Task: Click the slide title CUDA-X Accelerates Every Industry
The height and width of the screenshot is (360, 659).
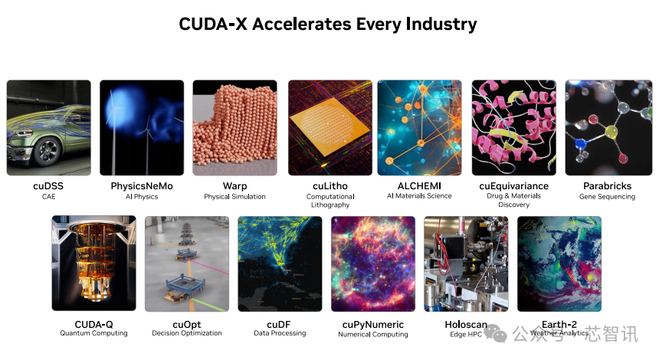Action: [x=328, y=24]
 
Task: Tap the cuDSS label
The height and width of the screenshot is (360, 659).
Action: [x=48, y=186]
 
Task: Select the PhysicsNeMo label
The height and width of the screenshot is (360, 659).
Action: [x=142, y=186]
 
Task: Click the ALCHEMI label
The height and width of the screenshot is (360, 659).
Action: [x=419, y=186]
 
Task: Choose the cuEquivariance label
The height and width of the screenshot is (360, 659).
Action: [x=513, y=186]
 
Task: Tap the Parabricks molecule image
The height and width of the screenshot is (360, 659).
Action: [x=608, y=128]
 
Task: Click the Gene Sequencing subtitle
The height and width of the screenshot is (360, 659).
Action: [x=607, y=197]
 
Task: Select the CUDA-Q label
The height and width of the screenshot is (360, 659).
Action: [x=93, y=323]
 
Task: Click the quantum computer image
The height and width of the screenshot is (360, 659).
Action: [x=93, y=263]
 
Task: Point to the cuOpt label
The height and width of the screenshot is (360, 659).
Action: [x=186, y=323]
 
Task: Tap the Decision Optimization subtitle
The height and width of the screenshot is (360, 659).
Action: [x=186, y=333]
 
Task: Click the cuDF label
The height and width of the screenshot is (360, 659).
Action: [x=280, y=323]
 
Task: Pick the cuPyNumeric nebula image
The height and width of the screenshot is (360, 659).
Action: [x=372, y=263]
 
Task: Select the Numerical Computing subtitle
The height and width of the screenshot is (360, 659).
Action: [x=373, y=334]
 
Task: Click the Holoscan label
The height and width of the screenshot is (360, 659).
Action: [x=466, y=323]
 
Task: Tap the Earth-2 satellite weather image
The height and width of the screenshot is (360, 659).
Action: [x=559, y=263]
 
